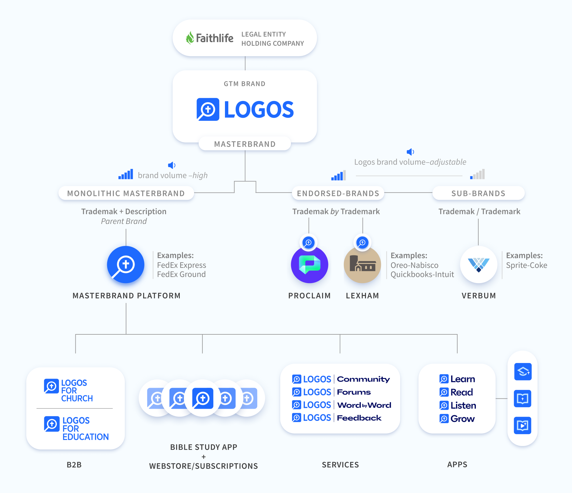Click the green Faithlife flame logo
(190, 38)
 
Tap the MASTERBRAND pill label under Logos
(245, 144)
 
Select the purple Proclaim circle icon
(310, 265)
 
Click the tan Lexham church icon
(362, 265)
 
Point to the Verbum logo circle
(479, 265)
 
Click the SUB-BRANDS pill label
(478, 193)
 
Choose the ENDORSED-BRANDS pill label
(338, 193)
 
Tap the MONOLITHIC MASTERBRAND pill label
(126, 193)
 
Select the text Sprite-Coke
(527, 265)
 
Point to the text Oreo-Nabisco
(415, 265)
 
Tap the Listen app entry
(458, 405)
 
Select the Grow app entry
(457, 419)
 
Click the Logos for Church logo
(68, 390)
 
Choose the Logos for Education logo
(76, 428)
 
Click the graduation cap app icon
(523, 372)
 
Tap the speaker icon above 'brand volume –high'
(172, 165)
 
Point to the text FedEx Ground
(181, 274)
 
